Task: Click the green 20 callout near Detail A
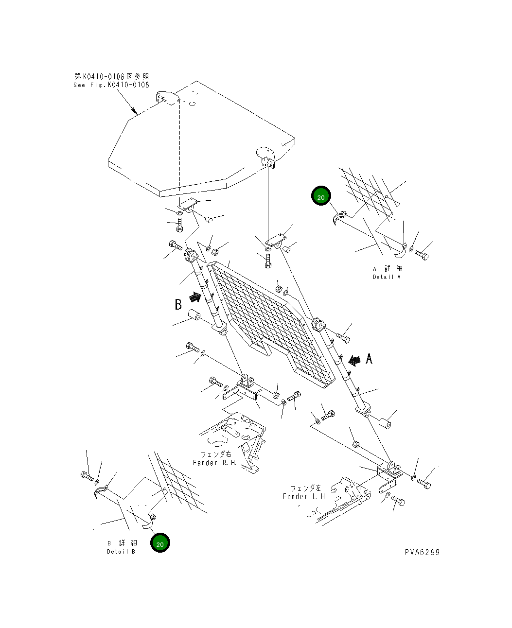coord(321,196)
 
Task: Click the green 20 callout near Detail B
coord(160,543)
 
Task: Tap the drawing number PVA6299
coord(422,552)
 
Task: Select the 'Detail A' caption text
coord(387,277)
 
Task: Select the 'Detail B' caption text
coord(122,552)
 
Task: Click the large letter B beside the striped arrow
coord(178,304)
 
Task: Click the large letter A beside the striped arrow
coord(369,359)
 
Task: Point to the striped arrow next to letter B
coord(194,296)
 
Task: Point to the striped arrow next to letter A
coord(354,360)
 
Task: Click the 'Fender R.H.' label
coord(214,463)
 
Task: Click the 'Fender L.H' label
coord(304,496)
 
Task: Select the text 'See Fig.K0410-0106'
coord(111,85)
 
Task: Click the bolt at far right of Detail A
coord(422,254)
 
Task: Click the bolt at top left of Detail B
coord(87,476)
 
